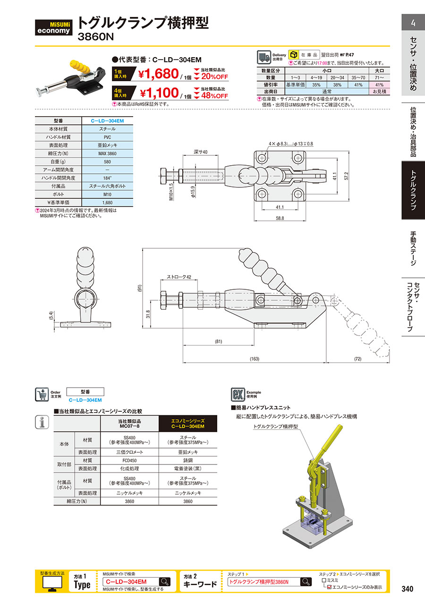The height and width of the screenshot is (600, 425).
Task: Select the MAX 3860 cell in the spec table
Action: (107, 153)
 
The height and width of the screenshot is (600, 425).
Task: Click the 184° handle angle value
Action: (107, 178)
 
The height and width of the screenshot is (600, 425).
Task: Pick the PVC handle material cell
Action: (107, 137)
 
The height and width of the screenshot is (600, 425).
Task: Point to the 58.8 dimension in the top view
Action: (280, 218)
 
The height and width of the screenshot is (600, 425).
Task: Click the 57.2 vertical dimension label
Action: (346, 176)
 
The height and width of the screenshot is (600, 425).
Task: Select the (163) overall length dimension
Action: (254, 359)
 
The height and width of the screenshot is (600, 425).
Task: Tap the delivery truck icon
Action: (263, 57)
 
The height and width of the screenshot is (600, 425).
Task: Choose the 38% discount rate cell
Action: (338, 84)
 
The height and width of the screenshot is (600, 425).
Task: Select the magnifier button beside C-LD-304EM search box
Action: (165, 582)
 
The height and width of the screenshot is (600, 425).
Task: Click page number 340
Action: (407, 589)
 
